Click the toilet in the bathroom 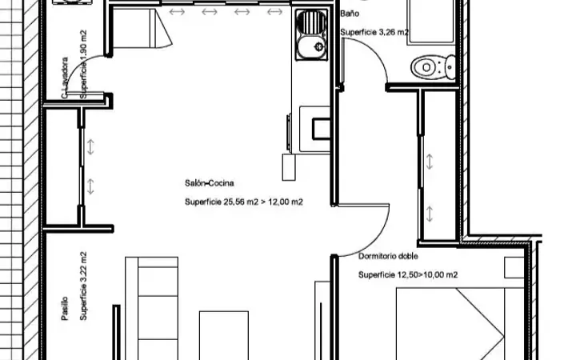(434, 67)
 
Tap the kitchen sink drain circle (319, 46)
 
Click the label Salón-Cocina (210, 183)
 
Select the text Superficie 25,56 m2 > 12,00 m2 (244, 202)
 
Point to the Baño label (350, 14)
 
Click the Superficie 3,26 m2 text (374, 32)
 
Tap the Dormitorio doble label (388, 256)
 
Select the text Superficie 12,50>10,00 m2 (408, 274)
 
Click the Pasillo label (65, 309)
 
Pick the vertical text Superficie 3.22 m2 (83, 286)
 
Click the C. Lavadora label (65, 78)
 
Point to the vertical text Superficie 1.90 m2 (83, 64)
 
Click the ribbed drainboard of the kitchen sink (311, 22)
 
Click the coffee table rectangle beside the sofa (224, 335)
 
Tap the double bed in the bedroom (459, 324)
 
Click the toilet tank (450, 67)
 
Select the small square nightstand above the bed (514, 267)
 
